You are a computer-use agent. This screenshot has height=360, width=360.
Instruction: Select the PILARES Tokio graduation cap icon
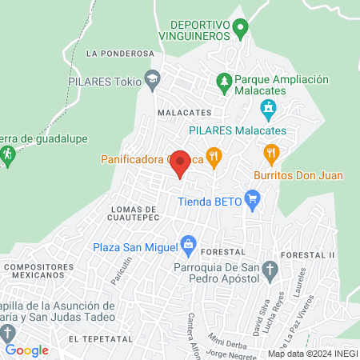152,78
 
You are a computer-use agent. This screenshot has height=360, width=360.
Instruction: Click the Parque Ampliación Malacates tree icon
225,80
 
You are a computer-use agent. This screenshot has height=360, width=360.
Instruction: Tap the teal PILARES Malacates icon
270,108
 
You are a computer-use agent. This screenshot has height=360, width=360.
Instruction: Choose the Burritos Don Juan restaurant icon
271,152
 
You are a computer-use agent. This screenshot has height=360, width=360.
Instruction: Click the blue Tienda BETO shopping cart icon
253,197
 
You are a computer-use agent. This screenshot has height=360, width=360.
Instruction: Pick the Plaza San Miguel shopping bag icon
189,242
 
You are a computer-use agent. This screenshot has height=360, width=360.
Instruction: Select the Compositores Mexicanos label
35,270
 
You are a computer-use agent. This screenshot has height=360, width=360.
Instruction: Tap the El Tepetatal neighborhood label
100,340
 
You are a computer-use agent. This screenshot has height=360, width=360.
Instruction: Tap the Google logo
26,350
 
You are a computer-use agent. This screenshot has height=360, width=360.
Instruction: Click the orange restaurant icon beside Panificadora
213,155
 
